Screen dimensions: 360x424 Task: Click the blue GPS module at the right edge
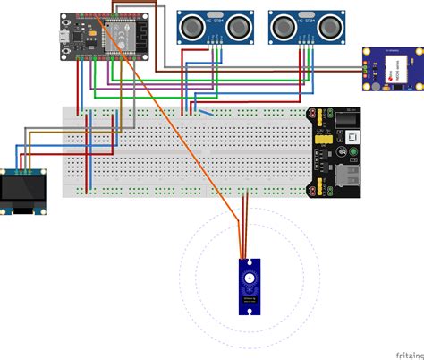[393, 70]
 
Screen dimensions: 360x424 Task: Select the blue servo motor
[248, 286]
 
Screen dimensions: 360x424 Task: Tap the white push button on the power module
[352, 136]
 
